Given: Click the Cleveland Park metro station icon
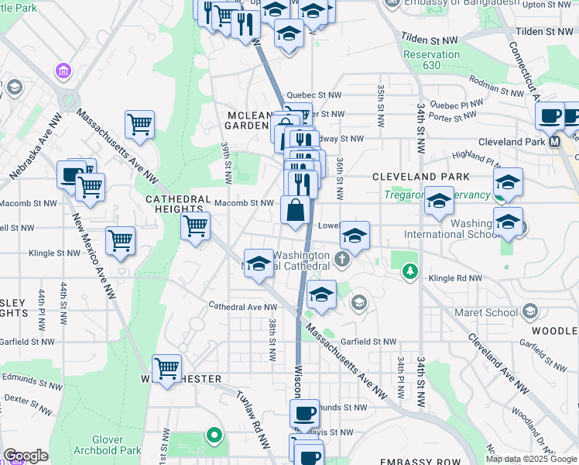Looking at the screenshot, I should [554, 142].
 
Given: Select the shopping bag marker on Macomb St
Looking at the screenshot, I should [296, 211].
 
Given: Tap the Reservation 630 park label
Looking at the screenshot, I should [431, 60].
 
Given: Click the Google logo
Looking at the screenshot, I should [26, 456].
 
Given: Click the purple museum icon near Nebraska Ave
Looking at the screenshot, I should [63, 72].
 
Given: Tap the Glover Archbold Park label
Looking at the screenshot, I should [108, 445].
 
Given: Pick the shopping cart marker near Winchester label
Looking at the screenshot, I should [167, 368].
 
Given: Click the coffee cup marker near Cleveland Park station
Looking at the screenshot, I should [550, 116].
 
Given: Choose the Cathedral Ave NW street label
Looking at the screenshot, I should [237, 306].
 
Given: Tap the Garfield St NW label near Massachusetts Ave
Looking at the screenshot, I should [367, 341].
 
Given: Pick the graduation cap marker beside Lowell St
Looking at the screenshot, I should [355, 236].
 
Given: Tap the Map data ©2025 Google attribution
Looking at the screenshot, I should [530, 459].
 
